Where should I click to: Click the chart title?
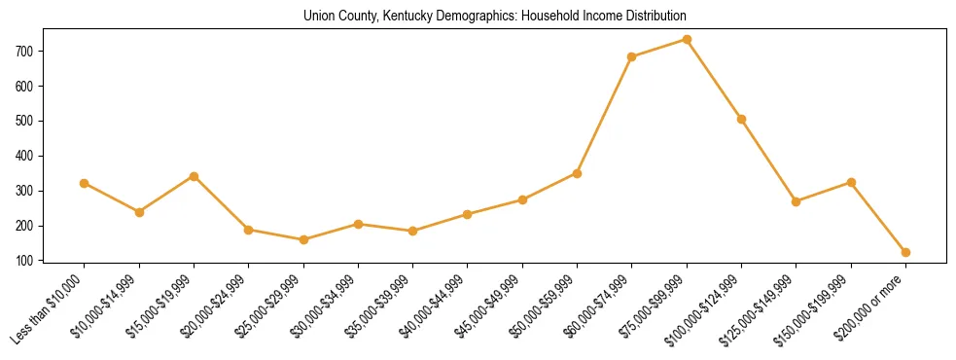pos(495,17)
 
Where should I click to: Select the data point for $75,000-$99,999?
pos(687,40)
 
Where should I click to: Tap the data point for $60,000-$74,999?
pos(632,56)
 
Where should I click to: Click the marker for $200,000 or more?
pos(905,252)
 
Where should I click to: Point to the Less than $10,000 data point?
pos(85,183)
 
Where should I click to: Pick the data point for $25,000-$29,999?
pos(303,239)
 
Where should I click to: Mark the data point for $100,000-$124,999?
pos(741,119)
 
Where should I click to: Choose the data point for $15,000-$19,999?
pos(194,176)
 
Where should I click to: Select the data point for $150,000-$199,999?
pos(851,182)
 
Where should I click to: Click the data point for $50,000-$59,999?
pos(577,173)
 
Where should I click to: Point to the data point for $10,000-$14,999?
pos(139,212)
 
